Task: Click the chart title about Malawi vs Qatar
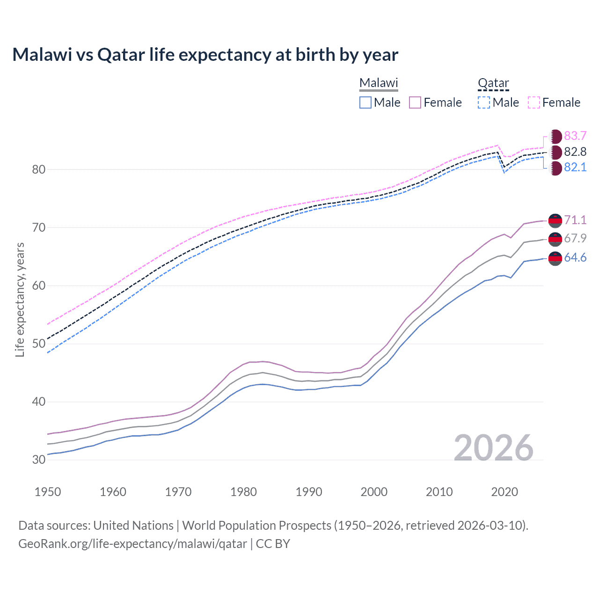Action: tap(205, 55)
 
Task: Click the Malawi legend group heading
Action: tap(379, 83)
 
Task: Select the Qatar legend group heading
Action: tap(493, 83)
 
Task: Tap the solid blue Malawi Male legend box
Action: tap(365, 102)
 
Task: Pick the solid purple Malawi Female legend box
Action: tap(415, 102)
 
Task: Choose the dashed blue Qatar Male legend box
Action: tap(484, 102)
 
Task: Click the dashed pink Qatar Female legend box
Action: tap(534, 102)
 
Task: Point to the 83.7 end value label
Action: tap(575, 136)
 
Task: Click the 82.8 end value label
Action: tap(575, 152)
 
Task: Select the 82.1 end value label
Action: tap(575, 168)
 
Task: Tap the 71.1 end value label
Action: tap(575, 220)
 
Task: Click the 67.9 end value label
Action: tap(575, 238)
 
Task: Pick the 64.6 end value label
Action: tap(575, 258)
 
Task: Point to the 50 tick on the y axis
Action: tap(39, 343)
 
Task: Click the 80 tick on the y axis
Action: tap(39, 169)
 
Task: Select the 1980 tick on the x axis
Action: tap(243, 492)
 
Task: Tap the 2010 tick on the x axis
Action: tap(439, 492)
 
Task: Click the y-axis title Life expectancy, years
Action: tap(20, 299)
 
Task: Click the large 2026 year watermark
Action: tap(493, 448)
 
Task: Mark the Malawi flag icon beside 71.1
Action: tap(555, 220)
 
